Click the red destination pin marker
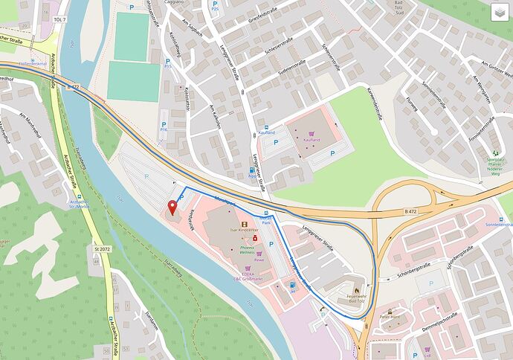click(173, 207)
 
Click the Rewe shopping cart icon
click(259, 253)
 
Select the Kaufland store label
click(312, 140)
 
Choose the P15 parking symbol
click(167, 60)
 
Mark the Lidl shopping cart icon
click(427, 349)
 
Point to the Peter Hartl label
click(390, 318)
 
